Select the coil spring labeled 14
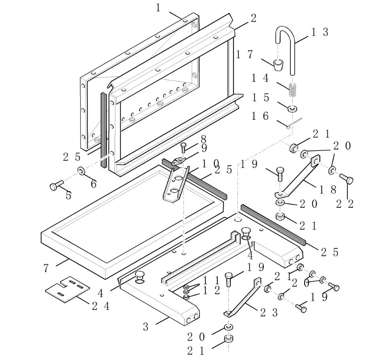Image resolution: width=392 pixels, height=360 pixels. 292,90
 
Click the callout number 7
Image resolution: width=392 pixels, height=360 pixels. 46,268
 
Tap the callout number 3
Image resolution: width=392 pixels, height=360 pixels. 146,327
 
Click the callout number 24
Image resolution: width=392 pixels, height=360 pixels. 101,305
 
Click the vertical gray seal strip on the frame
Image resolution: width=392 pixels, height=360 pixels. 104,130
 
